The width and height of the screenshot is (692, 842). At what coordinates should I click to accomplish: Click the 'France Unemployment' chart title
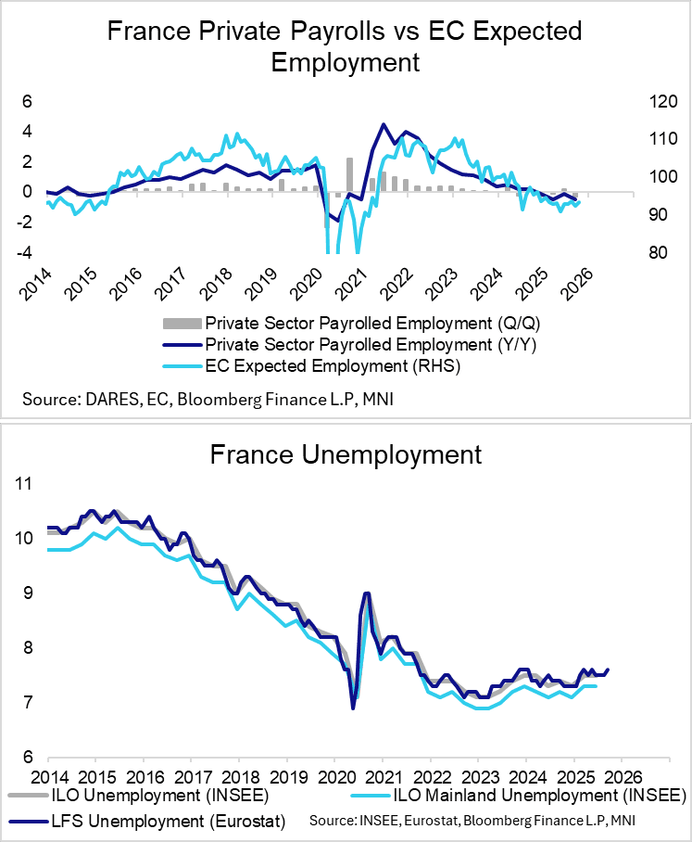pyautogui.click(x=346, y=454)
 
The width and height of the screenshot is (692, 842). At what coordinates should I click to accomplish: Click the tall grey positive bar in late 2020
pyautogui.click(x=349, y=174)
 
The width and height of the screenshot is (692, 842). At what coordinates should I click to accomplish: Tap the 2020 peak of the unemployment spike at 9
pyautogui.click(x=367, y=593)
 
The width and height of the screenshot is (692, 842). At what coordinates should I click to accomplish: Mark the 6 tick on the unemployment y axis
pyautogui.click(x=28, y=757)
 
